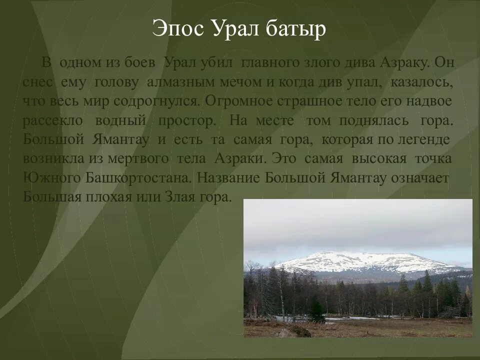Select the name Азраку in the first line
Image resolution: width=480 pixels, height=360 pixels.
[403, 63]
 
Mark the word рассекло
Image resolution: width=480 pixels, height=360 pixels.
[51, 120]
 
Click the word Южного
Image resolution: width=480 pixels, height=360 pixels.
[46, 177]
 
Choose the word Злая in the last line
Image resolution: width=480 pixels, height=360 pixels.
[179, 196]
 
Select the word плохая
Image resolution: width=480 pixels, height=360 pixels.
[109, 196]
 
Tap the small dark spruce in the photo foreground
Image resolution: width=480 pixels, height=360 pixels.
[315, 309]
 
